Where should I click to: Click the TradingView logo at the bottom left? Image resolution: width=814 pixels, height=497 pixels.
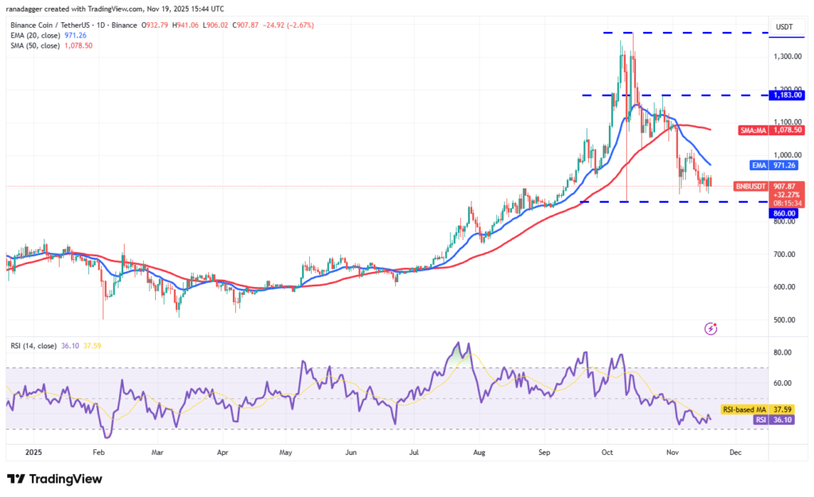55,479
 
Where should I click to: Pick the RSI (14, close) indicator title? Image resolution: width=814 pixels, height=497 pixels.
33,346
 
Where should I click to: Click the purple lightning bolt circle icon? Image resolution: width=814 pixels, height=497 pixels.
711,328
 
